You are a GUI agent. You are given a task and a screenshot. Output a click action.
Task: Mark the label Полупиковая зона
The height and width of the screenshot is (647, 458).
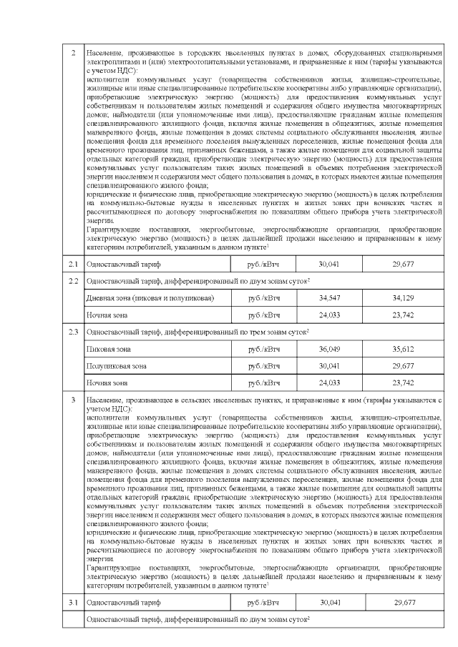[x=114, y=366]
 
